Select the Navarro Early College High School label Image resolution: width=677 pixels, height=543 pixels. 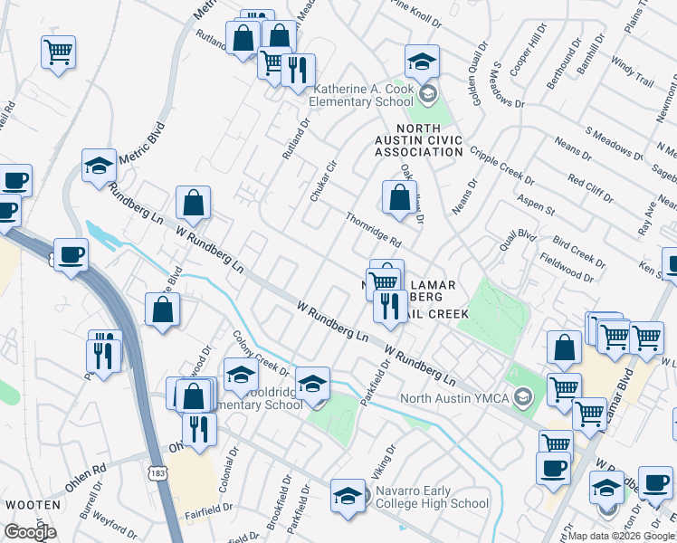pyautogui.click(x=432, y=497)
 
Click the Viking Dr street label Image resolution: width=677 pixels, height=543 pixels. pyautogui.click(x=384, y=462)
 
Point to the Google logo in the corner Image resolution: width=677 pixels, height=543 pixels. pyautogui.click(x=29, y=532)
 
